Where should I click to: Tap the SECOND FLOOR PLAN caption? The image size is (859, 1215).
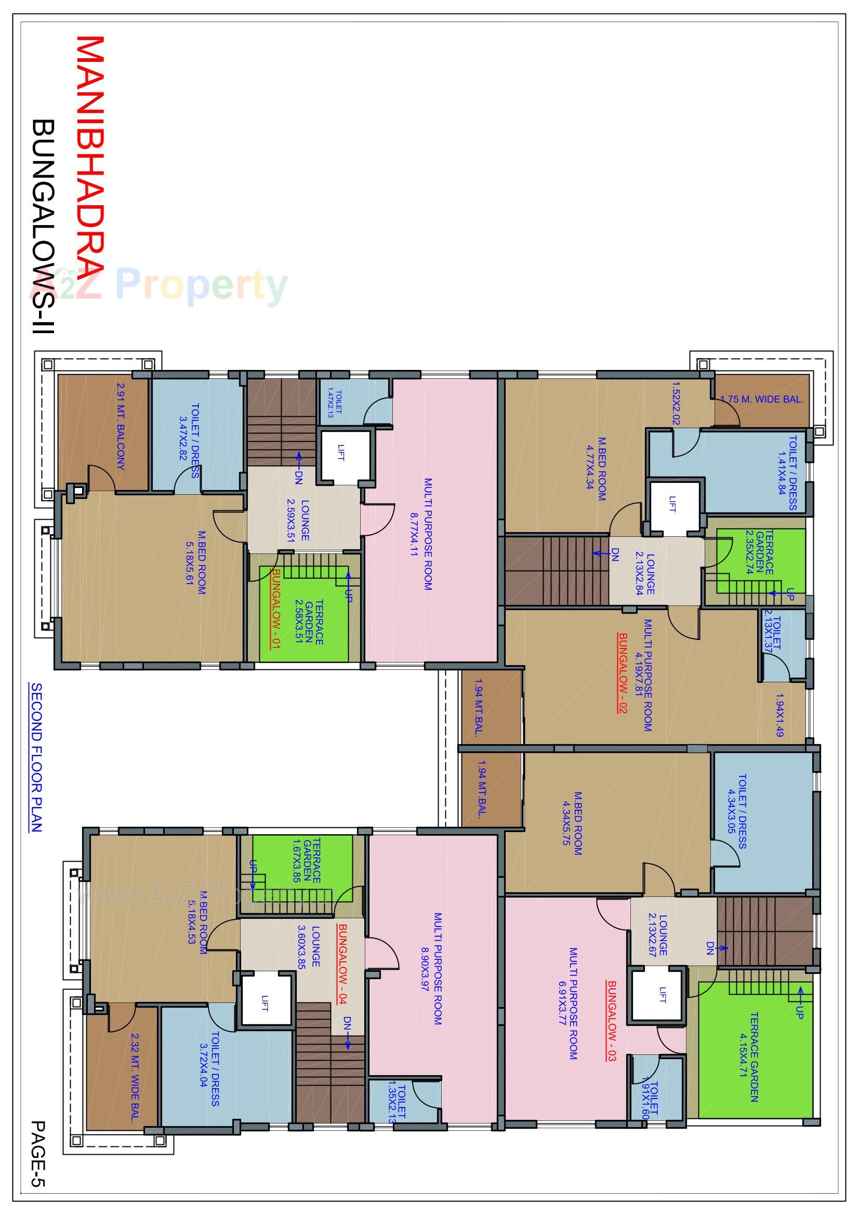click(x=36, y=757)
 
